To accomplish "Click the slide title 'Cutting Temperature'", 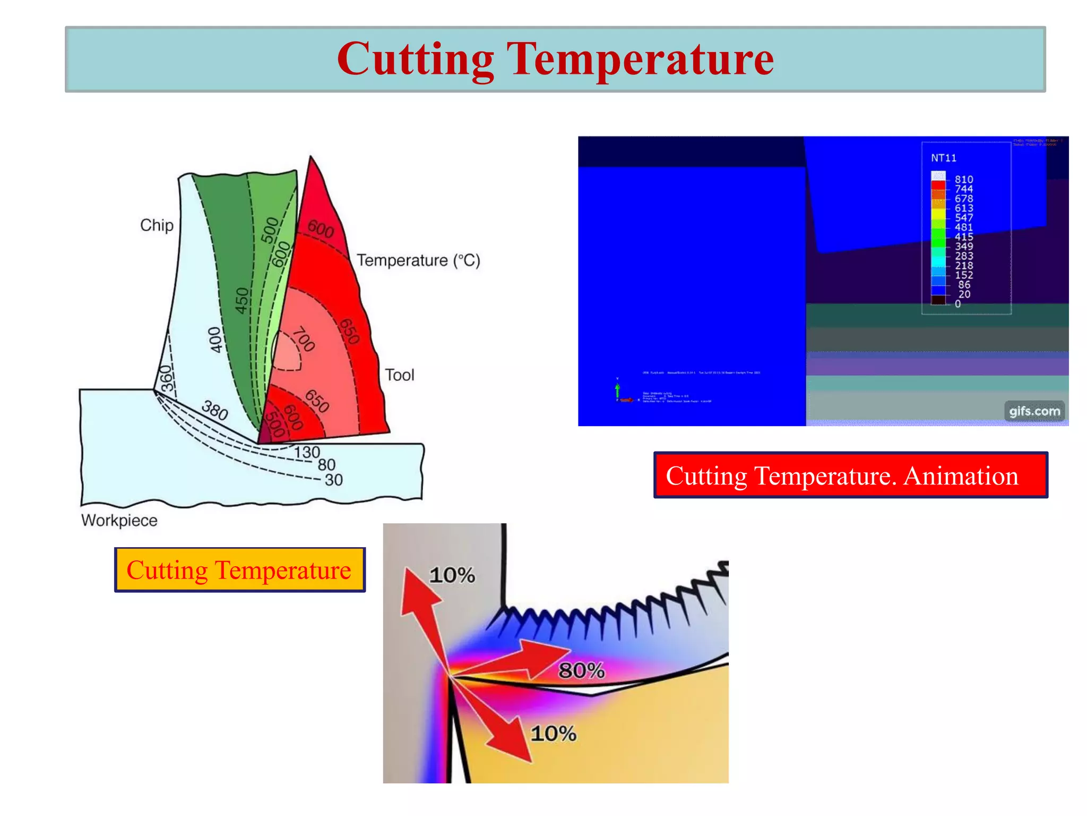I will [x=555, y=59].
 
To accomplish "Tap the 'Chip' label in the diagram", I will [x=157, y=225].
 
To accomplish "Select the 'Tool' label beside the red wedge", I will [x=399, y=375].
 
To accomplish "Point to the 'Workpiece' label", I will [x=119, y=520].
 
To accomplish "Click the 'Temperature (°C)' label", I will [x=418, y=260].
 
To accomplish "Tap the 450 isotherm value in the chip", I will [x=242, y=301].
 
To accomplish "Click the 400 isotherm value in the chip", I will [x=215, y=339].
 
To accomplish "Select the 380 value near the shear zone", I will [x=215, y=410].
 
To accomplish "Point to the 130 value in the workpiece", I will [x=307, y=453].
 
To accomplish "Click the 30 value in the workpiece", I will [x=334, y=480].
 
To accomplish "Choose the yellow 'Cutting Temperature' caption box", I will [x=239, y=570].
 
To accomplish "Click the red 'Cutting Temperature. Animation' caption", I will [x=850, y=475].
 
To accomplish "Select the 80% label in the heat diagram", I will [x=582, y=670].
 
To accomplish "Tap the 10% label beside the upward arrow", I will [x=452, y=575].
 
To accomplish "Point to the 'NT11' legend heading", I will [x=944, y=158].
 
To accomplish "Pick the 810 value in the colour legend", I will [x=964, y=180].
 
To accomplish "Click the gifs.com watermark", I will [x=1034, y=411].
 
